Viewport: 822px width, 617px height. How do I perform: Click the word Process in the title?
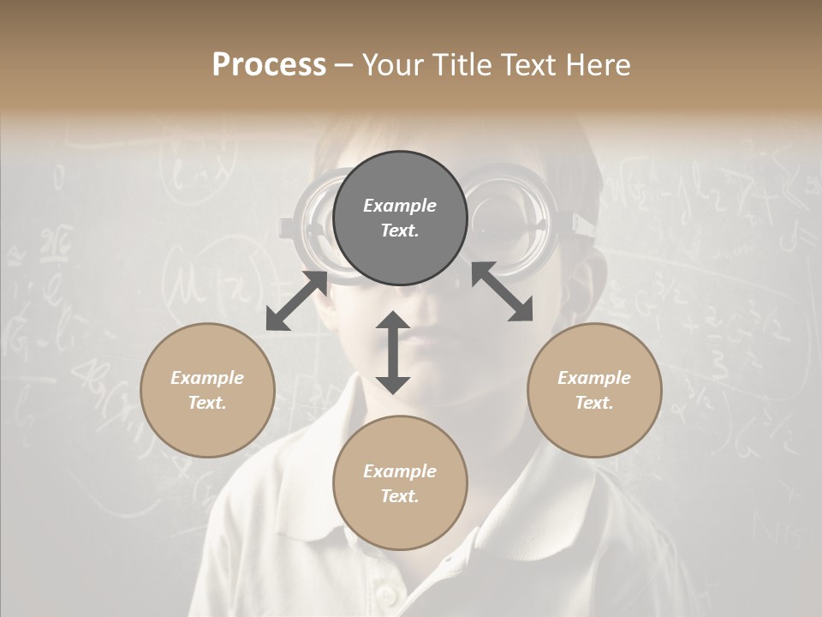tap(269, 65)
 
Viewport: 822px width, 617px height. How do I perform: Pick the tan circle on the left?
tap(207, 390)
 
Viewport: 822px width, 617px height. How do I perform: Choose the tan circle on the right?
tap(594, 390)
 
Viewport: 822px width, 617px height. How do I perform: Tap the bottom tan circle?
tap(400, 483)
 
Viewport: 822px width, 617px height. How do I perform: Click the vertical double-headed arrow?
tap(393, 352)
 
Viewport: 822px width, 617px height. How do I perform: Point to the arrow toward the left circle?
tap(296, 301)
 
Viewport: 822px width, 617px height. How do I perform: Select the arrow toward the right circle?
tap(502, 291)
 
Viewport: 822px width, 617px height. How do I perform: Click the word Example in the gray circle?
tap(400, 206)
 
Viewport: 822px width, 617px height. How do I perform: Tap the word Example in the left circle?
tap(207, 378)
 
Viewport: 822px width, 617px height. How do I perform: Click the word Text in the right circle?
tap(594, 403)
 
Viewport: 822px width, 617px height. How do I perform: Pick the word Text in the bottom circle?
tap(400, 496)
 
